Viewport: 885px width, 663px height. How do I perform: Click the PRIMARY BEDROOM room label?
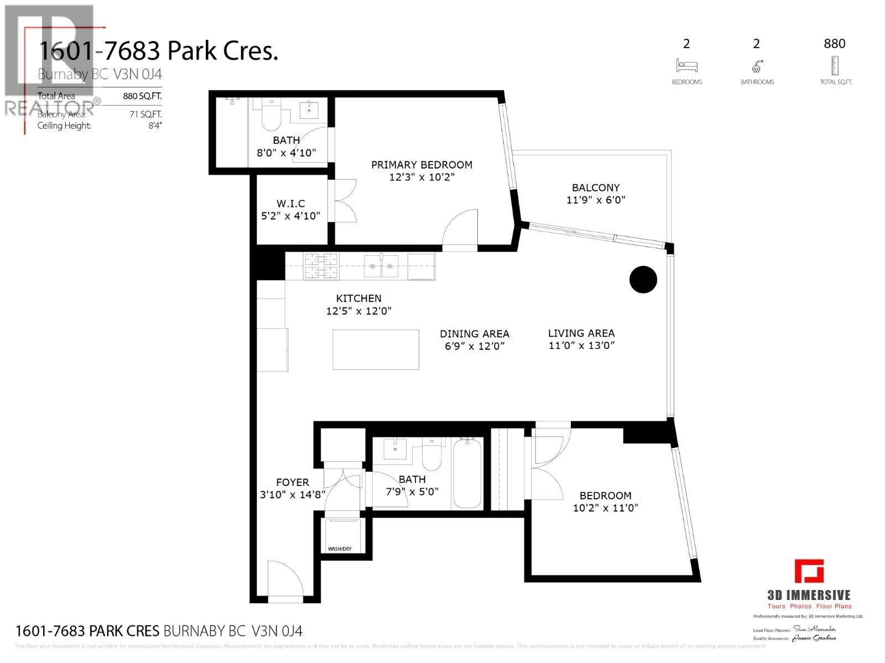(x=421, y=165)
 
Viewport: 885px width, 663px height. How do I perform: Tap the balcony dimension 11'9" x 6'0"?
(x=596, y=200)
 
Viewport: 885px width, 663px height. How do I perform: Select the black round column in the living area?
(x=643, y=279)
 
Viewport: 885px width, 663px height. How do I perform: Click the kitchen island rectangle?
(x=376, y=349)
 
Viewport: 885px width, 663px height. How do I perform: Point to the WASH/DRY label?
(x=340, y=549)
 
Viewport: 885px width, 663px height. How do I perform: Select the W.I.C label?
(x=290, y=203)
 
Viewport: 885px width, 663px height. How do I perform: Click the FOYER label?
(x=292, y=482)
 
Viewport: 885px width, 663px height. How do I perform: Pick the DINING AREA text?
(x=474, y=334)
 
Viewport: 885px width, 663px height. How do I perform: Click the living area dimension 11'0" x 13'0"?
(x=581, y=346)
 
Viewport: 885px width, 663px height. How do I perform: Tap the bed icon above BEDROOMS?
(x=686, y=66)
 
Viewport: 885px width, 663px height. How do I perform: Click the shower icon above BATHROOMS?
(x=757, y=66)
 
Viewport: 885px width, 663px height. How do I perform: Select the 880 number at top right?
(x=834, y=44)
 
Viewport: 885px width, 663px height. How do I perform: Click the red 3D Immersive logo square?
(x=809, y=571)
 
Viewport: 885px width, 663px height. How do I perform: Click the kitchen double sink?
(x=381, y=266)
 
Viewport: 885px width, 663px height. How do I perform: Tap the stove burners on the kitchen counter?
(x=320, y=265)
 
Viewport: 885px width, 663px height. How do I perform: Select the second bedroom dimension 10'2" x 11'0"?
(x=606, y=508)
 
